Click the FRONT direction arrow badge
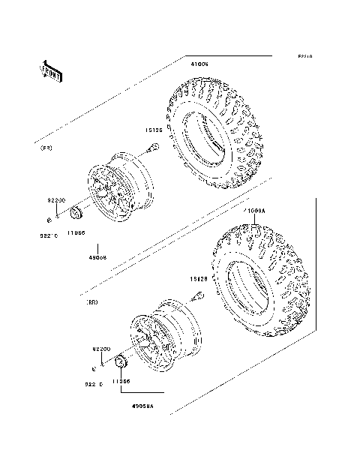click(50, 70)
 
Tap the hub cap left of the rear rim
click(120, 364)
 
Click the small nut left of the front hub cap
click(49, 220)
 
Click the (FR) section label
click(46, 148)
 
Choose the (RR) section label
click(92, 301)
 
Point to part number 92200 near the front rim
click(58, 200)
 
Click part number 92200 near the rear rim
click(102, 349)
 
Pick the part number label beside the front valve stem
click(155, 129)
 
